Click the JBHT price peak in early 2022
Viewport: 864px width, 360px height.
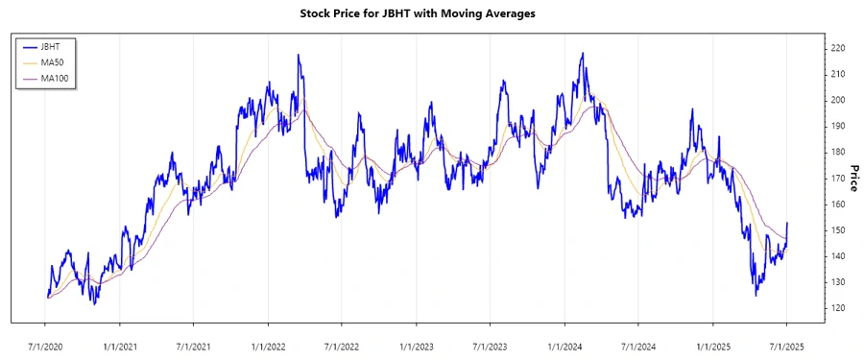(x=299, y=56)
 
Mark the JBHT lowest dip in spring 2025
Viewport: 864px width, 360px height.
(x=756, y=296)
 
